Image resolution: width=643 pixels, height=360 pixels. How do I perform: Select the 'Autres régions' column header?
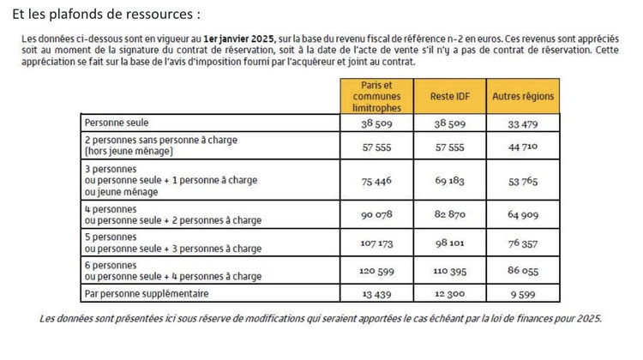[522, 97]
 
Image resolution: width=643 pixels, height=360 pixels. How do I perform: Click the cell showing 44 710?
[522, 146]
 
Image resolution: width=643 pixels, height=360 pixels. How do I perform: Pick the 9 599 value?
[522, 295]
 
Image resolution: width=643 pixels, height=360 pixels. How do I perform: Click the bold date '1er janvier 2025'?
[240, 40]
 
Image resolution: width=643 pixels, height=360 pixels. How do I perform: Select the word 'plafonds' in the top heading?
[87, 14]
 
